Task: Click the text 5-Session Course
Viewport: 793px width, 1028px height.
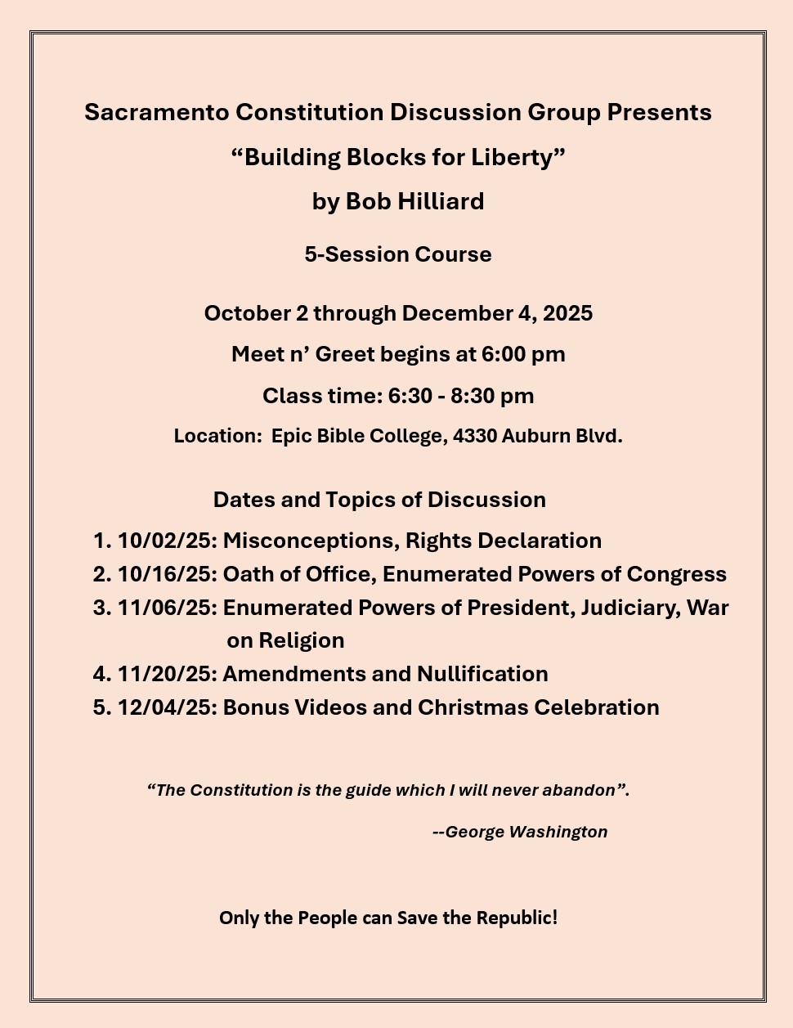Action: click(398, 254)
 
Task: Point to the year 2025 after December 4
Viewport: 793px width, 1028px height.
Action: click(567, 313)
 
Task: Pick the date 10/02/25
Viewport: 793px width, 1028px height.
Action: click(167, 541)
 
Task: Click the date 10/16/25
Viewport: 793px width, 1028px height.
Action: click(167, 574)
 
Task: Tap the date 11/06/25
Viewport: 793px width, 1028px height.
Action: click(167, 608)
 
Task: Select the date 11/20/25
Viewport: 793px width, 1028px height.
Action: click(167, 674)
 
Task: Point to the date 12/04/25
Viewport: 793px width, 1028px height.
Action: click(167, 707)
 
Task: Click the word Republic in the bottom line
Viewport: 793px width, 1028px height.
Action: click(517, 918)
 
